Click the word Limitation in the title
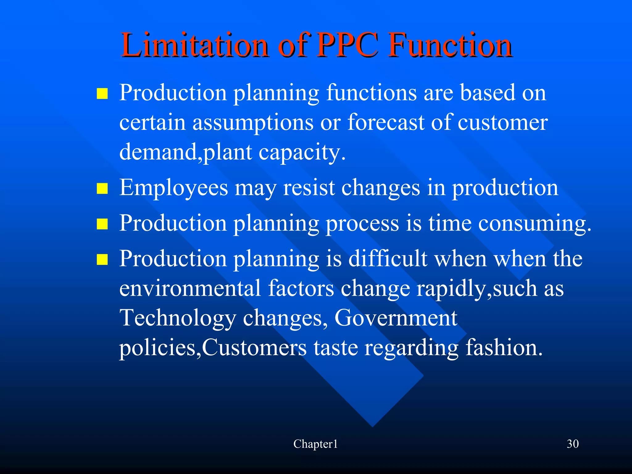194,45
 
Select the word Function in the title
450,45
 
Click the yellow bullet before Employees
102,188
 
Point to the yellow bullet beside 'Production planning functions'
102,93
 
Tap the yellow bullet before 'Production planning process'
102,224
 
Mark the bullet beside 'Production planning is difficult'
102,260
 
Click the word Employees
173,188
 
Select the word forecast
386,122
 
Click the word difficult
388,259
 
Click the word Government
396,318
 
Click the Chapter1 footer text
315,444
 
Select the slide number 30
572,444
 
